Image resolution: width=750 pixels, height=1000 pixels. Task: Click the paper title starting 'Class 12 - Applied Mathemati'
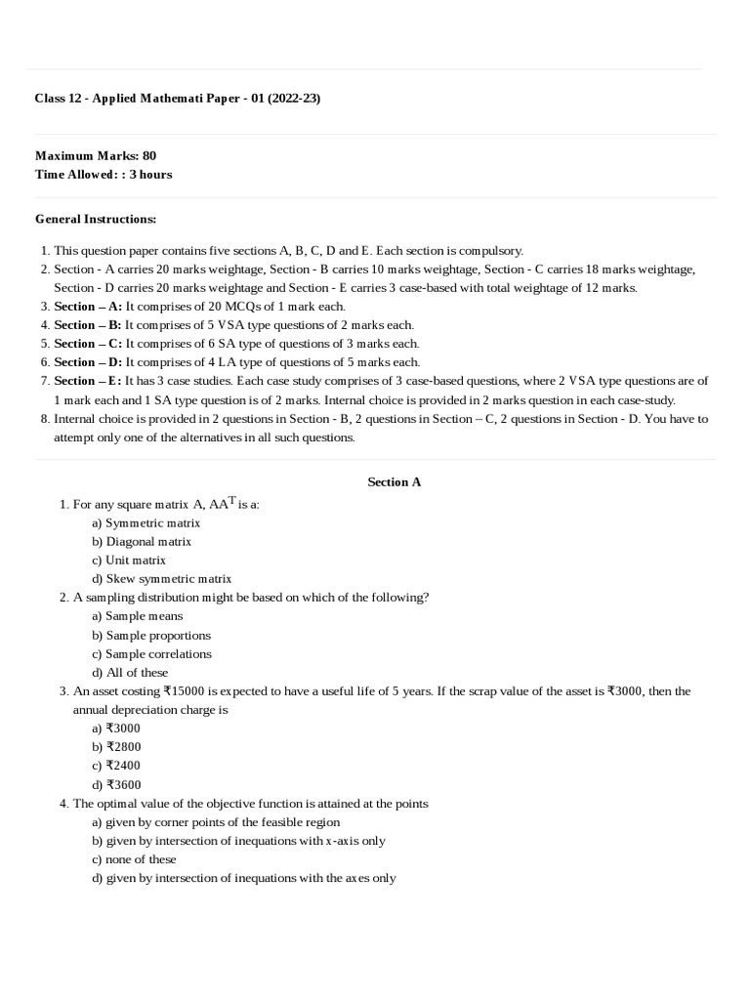click(178, 99)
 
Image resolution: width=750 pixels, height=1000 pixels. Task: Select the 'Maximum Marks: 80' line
click(96, 155)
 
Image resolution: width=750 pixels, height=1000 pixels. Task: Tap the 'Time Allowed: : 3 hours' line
click(104, 174)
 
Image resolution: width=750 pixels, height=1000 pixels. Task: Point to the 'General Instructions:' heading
click(96, 219)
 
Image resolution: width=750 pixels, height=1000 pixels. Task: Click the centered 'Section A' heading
click(394, 481)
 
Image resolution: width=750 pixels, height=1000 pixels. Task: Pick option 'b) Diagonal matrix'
click(142, 541)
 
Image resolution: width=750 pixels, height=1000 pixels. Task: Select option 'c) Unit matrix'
click(129, 560)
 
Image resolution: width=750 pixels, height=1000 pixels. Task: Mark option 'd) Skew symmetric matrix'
click(161, 578)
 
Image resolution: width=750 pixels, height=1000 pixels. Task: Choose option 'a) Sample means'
click(138, 616)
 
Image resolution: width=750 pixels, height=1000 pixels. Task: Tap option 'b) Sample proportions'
click(151, 635)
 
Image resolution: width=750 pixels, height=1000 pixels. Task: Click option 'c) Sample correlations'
click(151, 653)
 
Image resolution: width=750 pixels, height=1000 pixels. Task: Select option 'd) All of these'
click(130, 672)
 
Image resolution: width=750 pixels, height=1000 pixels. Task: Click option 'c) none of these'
click(134, 859)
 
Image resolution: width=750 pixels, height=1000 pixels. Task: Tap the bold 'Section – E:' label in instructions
click(88, 381)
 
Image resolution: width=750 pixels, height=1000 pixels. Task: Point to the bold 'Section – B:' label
click(88, 324)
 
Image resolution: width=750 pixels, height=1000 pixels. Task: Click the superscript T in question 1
click(232, 500)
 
